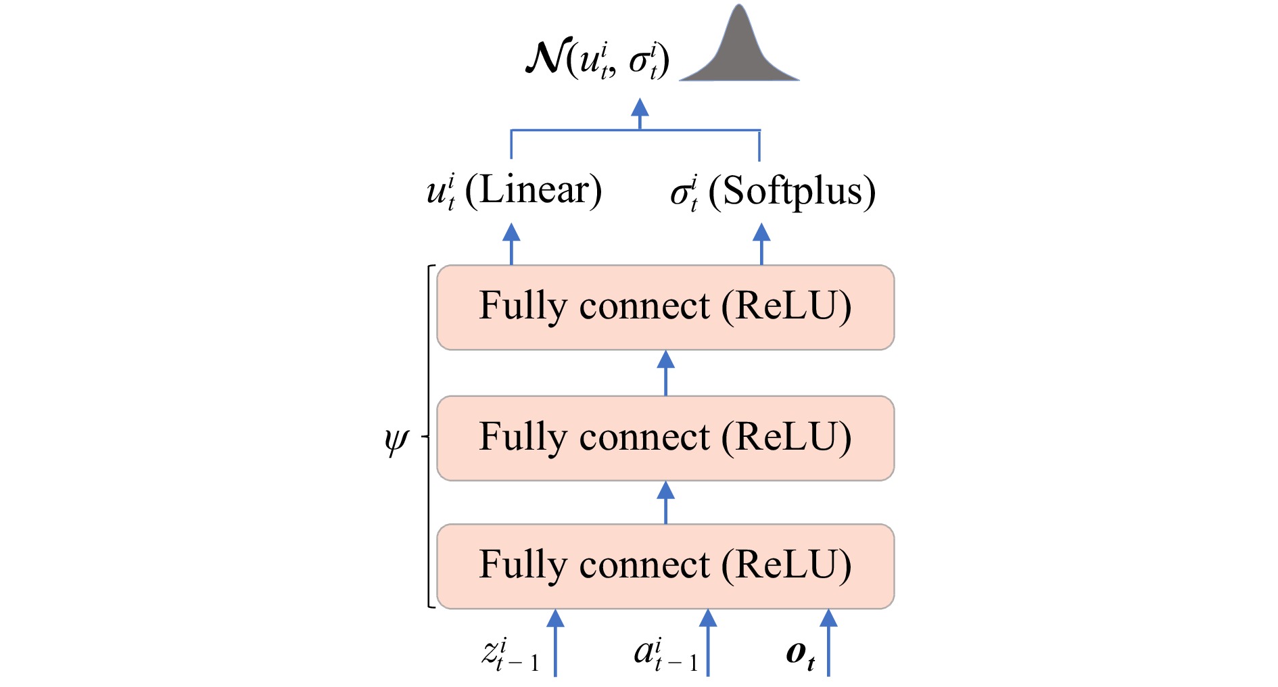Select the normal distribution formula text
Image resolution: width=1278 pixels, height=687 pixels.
[x=598, y=60]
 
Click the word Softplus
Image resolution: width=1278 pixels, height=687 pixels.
[x=792, y=192]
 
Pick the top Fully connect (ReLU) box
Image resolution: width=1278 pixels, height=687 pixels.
[x=665, y=308]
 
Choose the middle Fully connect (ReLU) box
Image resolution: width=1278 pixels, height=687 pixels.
[x=665, y=438]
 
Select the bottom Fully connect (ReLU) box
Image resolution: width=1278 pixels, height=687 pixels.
[x=665, y=566]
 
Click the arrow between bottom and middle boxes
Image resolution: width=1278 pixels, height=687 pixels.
[x=666, y=502]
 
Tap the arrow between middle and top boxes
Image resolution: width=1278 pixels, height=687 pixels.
[x=666, y=373]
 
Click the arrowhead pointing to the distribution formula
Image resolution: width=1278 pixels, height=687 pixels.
[x=640, y=108]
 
